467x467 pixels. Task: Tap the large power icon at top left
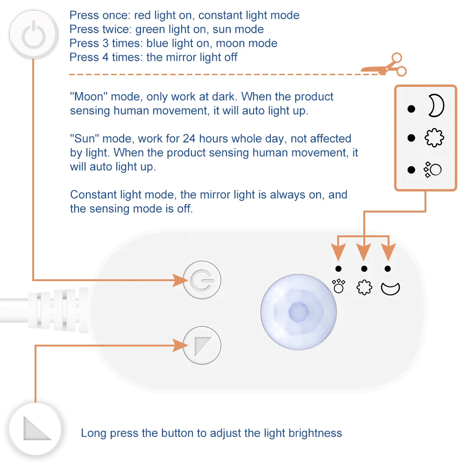coord(33,35)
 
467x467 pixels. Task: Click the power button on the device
coord(202,280)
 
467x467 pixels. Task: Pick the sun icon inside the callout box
coord(434,138)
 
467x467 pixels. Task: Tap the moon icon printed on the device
coord(390,288)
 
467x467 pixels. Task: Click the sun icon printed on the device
coord(364,287)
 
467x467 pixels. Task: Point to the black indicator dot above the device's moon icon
coord(388,269)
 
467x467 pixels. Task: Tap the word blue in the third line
coord(158,43)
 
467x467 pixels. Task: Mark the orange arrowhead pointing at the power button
coord(180,280)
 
